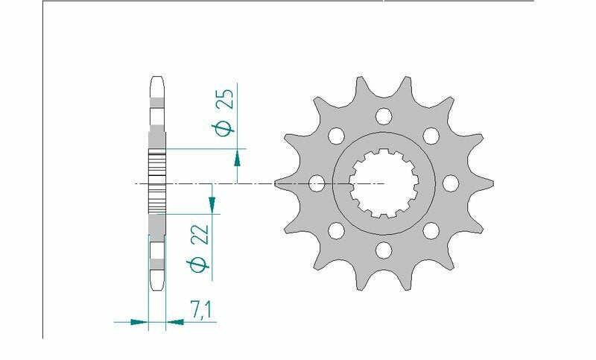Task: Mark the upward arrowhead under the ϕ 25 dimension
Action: click(x=237, y=157)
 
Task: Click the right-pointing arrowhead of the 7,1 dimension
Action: click(x=138, y=322)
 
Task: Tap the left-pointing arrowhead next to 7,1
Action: click(x=176, y=322)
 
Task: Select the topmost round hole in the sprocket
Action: click(x=384, y=116)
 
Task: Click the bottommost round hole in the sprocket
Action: click(x=384, y=250)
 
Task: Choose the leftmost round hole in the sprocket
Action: click(x=317, y=183)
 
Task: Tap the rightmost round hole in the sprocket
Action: click(x=451, y=183)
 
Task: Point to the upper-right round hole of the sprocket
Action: click(x=431, y=135)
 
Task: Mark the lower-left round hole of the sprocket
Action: click(x=336, y=230)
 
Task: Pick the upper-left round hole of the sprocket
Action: click(x=336, y=135)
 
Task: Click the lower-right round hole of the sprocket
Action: click(x=431, y=230)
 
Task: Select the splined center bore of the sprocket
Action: click(x=384, y=183)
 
